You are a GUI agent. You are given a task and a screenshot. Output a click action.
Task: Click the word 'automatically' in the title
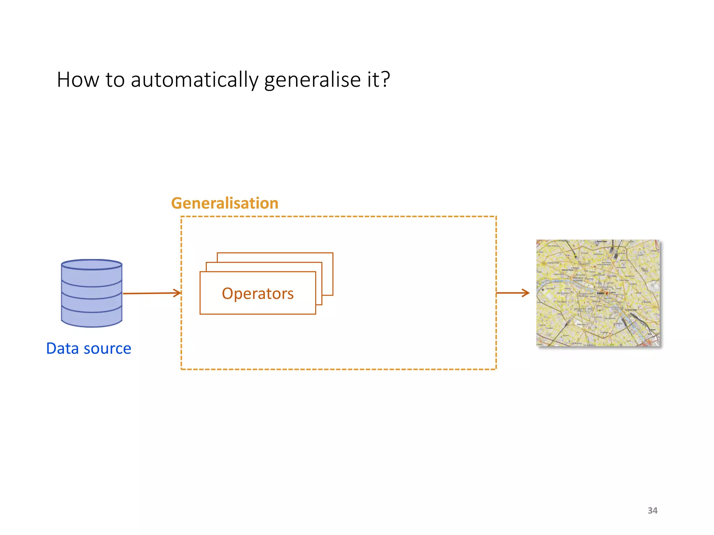[194, 80]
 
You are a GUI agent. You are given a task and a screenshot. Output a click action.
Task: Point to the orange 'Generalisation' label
[225, 203]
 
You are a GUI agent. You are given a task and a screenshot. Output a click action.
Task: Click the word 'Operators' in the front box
[258, 294]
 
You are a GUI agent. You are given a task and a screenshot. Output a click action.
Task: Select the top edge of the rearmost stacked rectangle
[275, 253]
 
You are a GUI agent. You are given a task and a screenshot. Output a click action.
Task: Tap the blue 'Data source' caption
[89, 348]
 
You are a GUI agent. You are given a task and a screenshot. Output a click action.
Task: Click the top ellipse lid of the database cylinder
[92, 265]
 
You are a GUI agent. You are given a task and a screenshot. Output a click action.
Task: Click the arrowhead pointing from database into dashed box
[178, 293]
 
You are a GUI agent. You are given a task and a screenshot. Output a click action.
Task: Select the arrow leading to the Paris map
[512, 293]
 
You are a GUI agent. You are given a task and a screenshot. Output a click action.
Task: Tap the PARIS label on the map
[600, 293]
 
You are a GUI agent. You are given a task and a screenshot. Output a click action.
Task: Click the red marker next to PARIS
[607, 293]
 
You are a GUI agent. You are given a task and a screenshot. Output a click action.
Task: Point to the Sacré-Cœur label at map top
[602, 242]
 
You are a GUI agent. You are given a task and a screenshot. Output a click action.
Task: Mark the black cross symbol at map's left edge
[543, 289]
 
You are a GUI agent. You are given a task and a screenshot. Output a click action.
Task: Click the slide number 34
[652, 510]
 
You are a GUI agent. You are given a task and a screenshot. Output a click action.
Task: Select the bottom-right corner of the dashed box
[496, 369]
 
